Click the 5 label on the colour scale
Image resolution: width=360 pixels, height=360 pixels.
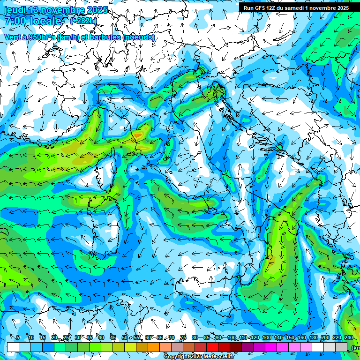coord(17,337)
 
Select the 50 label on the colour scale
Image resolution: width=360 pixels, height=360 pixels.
coord(124,337)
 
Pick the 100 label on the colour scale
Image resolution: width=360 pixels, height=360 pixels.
coord(231,337)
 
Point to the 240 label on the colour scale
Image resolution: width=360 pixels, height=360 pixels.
coord(348,337)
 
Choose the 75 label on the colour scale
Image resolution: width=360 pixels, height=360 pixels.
coord(183,337)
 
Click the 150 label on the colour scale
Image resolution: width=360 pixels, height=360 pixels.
coord(289,337)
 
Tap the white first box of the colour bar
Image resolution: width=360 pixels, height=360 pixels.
coord(13,347)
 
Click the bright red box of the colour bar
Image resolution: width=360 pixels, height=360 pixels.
coord(212,347)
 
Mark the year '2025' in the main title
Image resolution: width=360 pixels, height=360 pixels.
coord(97,10)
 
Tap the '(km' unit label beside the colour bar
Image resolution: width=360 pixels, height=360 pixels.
coord(355,347)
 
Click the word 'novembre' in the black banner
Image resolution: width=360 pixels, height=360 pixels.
coord(324,8)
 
